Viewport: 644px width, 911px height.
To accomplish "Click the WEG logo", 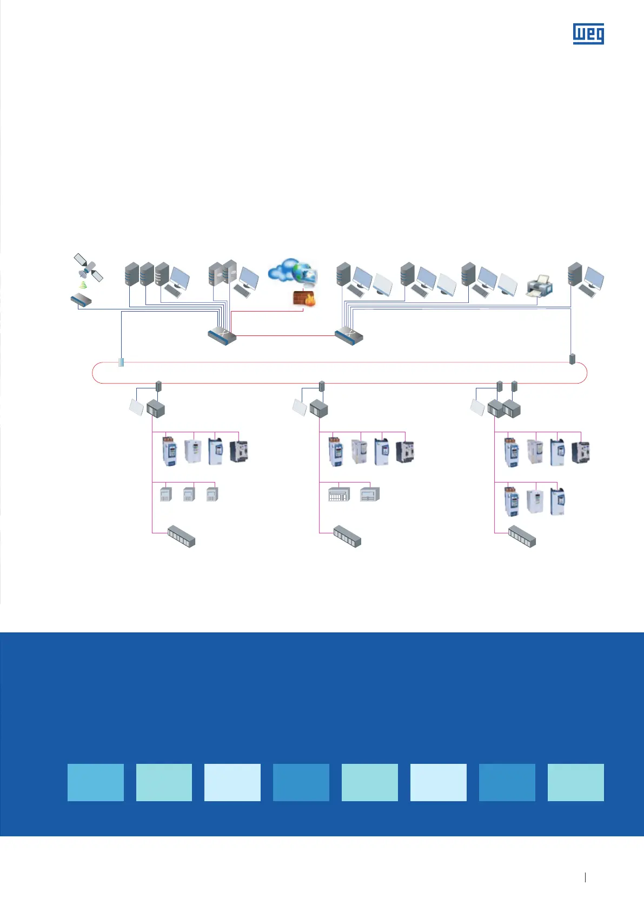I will point(588,34).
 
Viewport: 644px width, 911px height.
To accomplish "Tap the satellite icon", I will point(88,268).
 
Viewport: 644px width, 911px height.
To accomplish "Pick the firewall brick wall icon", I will point(304,298).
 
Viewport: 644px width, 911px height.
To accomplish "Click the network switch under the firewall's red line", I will point(222,335).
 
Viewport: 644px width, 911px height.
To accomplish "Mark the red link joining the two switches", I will point(286,336).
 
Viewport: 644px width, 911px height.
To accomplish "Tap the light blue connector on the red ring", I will point(121,362).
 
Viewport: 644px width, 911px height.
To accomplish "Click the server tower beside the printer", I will point(575,275).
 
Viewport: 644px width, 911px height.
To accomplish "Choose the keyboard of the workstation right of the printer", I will point(586,292).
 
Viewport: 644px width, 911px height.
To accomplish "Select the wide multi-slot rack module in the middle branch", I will point(339,494).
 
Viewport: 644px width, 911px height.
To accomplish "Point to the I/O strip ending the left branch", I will point(181,536).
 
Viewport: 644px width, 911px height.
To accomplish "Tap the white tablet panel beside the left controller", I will point(136,407).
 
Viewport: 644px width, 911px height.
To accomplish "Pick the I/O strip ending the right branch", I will point(522,536).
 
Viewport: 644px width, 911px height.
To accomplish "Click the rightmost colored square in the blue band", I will point(575,782).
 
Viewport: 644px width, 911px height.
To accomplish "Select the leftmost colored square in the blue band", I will point(95,782).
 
